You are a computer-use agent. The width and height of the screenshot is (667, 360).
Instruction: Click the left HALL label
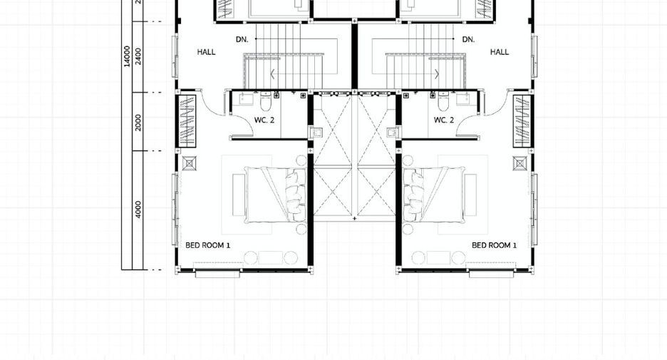(x=207, y=52)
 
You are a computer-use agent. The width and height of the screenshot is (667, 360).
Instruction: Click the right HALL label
(x=500, y=52)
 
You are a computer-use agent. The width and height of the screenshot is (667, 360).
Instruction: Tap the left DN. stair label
(x=242, y=40)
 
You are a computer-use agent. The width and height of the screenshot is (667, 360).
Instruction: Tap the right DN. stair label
(x=468, y=40)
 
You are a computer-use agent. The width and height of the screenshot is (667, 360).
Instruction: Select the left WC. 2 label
(x=264, y=120)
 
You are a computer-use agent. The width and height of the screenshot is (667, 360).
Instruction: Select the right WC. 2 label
(x=444, y=120)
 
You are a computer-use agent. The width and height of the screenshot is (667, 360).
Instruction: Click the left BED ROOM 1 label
(x=207, y=245)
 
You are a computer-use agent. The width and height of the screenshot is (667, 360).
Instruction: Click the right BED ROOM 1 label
(x=495, y=245)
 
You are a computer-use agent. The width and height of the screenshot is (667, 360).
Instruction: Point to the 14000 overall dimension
(x=127, y=56)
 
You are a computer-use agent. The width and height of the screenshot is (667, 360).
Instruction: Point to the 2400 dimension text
(x=138, y=56)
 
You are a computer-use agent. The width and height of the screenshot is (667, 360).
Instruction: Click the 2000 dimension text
(x=138, y=123)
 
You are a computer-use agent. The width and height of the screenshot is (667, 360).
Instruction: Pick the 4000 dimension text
(x=138, y=210)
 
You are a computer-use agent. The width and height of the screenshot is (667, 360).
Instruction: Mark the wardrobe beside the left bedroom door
(x=187, y=121)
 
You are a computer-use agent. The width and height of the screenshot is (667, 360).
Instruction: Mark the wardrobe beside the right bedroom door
(x=522, y=121)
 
